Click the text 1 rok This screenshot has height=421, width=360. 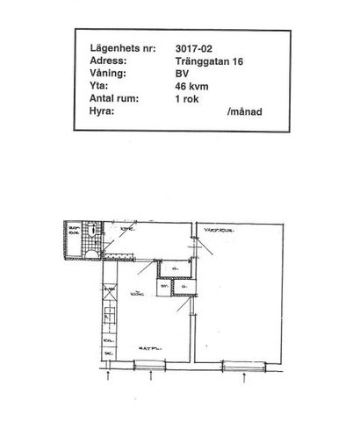(188, 100)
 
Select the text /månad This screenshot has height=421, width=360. (244, 113)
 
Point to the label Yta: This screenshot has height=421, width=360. (99, 87)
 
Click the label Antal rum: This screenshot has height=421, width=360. (118, 100)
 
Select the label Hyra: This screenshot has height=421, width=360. (103, 113)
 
